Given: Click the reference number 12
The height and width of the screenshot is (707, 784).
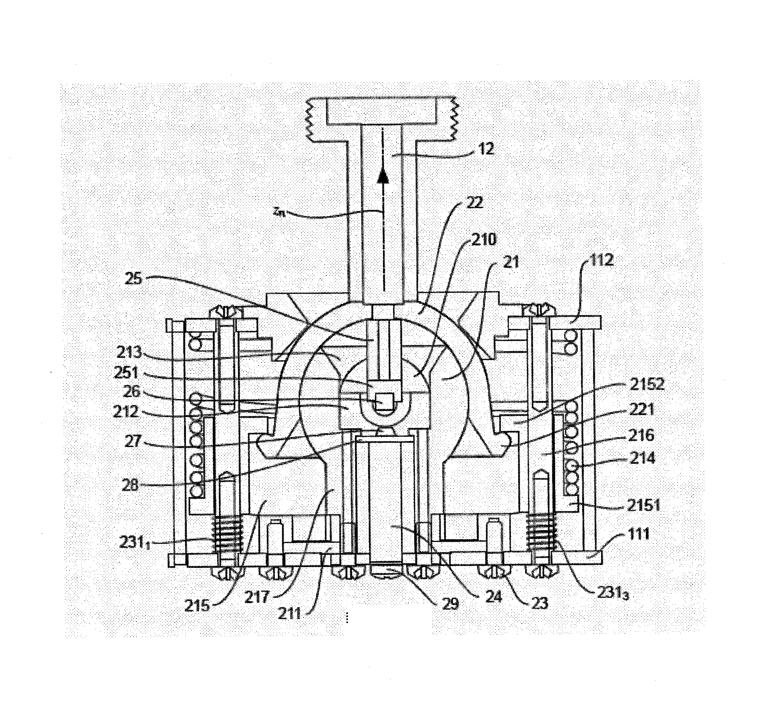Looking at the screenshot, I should pos(484,149).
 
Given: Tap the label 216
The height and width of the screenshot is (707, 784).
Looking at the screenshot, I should pos(642,435).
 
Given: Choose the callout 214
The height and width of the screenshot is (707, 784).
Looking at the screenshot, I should pos(642,459).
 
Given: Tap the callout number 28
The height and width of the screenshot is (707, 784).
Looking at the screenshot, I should pos(130,485).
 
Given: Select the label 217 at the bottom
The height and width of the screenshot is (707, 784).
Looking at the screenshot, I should pos(257,596).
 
